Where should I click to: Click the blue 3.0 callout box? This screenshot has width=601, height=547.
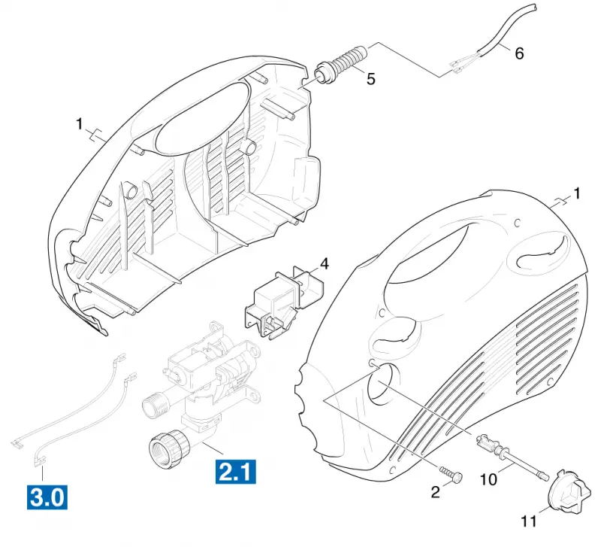click(x=47, y=497)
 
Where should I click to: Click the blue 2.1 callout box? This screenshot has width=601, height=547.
click(x=235, y=471)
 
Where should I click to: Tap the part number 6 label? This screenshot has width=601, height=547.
click(x=519, y=53)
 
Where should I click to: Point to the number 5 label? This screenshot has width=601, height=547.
click(x=370, y=79)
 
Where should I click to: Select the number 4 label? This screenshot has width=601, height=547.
click(x=325, y=264)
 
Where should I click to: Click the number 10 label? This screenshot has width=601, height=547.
click(x=488, y=479)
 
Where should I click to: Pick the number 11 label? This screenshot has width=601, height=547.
click(x=529, y=521)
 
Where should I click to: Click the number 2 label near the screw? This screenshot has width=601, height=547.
click(x=436, y=492)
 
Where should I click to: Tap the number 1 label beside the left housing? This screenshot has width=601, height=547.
click(x=80, y=124)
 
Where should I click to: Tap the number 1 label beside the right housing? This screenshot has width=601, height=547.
click(x=577, y=194)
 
